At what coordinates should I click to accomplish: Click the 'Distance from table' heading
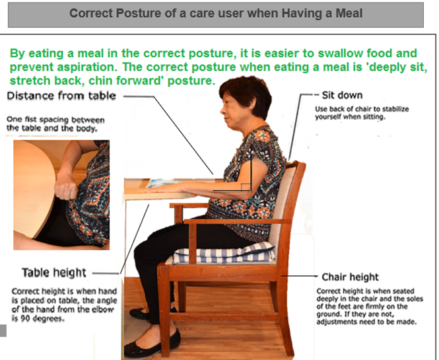(61, 96)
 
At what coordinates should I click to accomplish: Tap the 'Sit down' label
(342, 95)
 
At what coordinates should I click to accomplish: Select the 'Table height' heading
(54, 273)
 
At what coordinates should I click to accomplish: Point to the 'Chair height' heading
(350, 277)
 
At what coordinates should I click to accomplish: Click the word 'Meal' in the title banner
(349, 13)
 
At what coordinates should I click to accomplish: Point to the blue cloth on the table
(162, 183)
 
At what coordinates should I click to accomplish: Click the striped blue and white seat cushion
(224, 254)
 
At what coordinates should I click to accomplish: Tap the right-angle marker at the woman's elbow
(246, 188)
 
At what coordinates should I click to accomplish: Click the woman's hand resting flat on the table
(160, 190)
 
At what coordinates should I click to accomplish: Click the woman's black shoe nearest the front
(152, 342)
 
